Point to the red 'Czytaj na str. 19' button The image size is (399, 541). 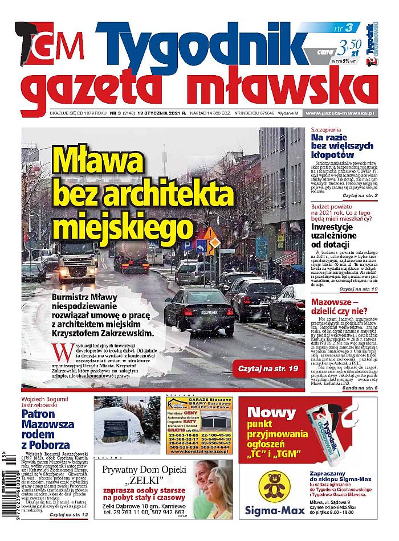[268, 369]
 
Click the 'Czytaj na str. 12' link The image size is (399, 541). [69, 515]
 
